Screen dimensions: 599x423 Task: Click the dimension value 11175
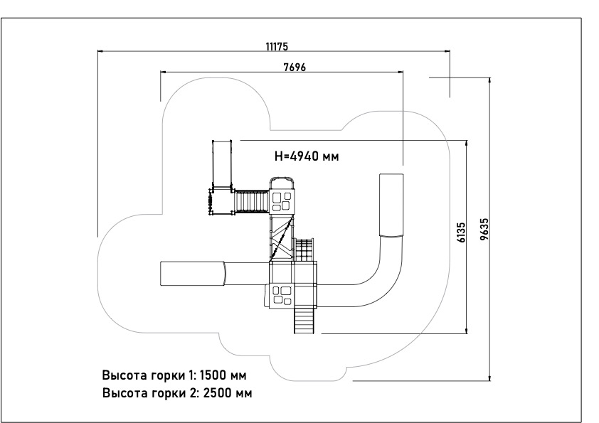277,47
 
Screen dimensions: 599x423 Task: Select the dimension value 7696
295,68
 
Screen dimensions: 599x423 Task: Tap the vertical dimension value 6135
461,232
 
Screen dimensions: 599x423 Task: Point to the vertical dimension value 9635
484,229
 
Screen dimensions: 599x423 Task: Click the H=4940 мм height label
307,156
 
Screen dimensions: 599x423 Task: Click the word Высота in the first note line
125,375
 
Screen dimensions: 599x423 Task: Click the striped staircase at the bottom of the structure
304,320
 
